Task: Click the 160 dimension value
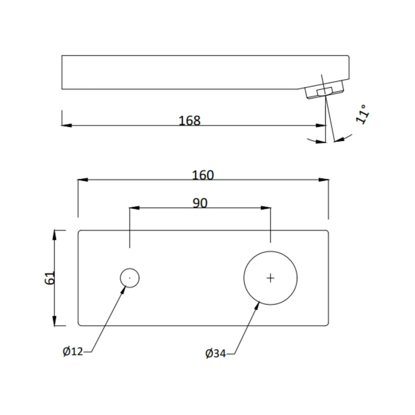click(203, 175)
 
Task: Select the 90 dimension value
click(200, 203)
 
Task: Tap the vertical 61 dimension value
click(50, 278)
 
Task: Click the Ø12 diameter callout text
click(73, 351)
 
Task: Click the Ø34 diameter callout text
click(215, 353)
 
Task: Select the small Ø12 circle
click(130, 278)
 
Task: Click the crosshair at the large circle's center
click(270, 278)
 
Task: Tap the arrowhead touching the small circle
click(123, 290)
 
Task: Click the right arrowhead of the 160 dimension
click(324, 180)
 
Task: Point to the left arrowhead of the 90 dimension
click(134, 208)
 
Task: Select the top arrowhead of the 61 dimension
click(54, 235)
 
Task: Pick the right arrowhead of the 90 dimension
click(266, 208)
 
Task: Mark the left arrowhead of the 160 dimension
click(83, 180)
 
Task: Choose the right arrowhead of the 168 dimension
click(321, 125)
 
